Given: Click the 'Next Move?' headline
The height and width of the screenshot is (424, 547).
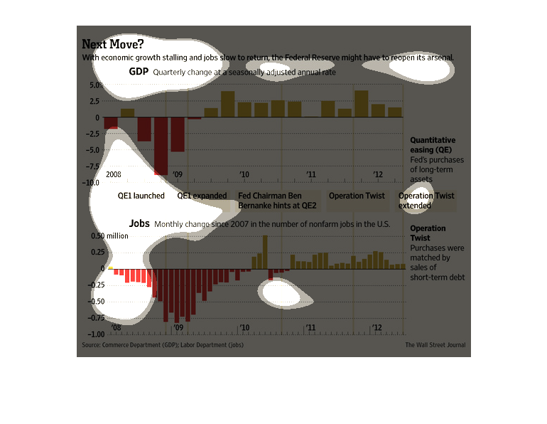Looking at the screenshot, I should coord(112,44).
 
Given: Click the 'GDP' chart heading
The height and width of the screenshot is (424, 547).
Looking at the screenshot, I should coord(139,72).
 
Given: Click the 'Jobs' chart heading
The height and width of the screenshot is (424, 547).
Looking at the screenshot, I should coord(139,223).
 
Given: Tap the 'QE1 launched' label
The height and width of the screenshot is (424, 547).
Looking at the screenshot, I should coord(141,196).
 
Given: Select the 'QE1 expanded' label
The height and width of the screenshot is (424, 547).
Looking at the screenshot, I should coord(202,196).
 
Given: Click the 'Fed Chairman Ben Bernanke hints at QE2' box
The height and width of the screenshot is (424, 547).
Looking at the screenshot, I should coord(277,201).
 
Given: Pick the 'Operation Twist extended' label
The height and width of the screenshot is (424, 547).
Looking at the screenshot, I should coord(426,201).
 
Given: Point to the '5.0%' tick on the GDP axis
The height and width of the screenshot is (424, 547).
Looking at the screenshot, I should coord(95,85).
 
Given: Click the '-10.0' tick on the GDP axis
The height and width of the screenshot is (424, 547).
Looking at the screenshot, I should coord(92,183).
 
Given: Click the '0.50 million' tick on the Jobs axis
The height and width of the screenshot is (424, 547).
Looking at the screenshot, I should coord(109,235).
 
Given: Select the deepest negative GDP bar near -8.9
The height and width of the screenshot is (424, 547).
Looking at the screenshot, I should coord(161,146).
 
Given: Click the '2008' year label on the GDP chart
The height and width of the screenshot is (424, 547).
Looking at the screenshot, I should coord(114,174).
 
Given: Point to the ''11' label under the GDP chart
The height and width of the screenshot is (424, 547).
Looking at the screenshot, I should coord(310,174).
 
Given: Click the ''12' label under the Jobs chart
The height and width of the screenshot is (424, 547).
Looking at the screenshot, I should coord(378,328).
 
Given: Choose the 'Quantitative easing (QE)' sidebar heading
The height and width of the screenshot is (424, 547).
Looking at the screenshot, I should coord(433,145).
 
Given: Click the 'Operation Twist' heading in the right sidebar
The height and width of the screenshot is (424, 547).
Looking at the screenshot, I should coord(428,233).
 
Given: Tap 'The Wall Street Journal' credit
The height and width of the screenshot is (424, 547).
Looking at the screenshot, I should coord(435,345).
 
